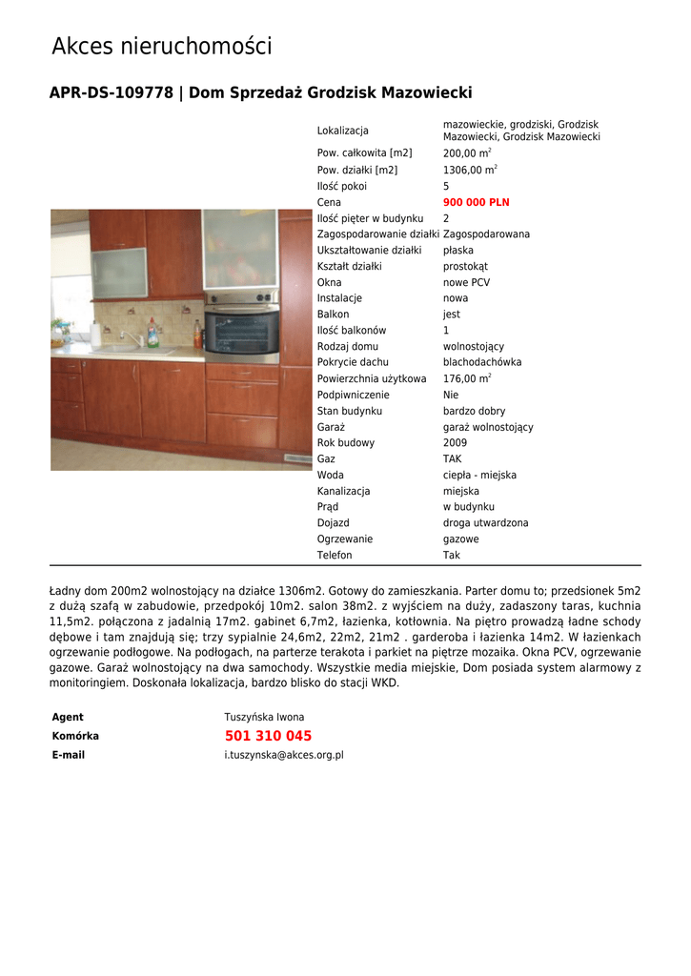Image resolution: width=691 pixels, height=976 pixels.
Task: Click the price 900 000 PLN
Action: [476, 202]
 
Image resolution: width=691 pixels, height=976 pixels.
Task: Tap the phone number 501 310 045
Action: [268, 736]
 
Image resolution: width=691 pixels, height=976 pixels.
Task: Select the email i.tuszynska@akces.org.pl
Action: [284, 755]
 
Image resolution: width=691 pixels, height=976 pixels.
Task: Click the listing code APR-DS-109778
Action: [112, 93]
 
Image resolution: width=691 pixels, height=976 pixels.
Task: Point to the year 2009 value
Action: [455, 442]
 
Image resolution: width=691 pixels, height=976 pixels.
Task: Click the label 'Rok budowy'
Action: [345, 442]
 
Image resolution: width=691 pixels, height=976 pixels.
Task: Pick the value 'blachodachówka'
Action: [482, 362]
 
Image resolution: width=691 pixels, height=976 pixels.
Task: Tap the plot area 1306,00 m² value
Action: [470, 170]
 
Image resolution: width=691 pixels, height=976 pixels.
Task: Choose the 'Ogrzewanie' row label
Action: [344, 539]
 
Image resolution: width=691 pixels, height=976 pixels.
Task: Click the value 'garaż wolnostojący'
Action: [488, 427]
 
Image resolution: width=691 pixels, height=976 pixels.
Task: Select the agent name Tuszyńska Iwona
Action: [264, 717]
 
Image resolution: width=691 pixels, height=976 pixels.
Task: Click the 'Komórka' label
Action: [75, 736]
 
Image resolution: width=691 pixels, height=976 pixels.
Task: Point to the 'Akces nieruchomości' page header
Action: [161, 46]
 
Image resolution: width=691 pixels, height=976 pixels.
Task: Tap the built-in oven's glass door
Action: [242, 333]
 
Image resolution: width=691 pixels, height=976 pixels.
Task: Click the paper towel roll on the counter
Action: [95, 334]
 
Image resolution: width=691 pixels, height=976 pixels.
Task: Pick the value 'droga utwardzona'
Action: [485, 522]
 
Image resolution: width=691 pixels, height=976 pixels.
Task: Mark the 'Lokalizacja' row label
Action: [342, 131]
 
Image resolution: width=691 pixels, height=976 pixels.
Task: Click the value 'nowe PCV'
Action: [466, 282]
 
